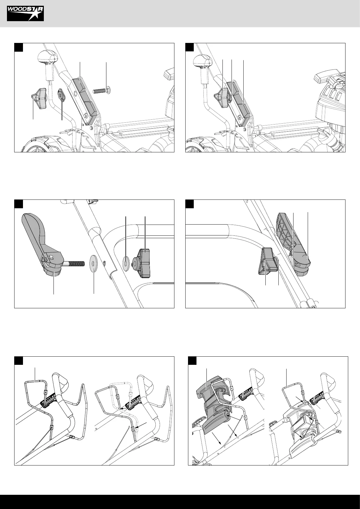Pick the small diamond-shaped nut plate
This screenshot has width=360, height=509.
[61, 95]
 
